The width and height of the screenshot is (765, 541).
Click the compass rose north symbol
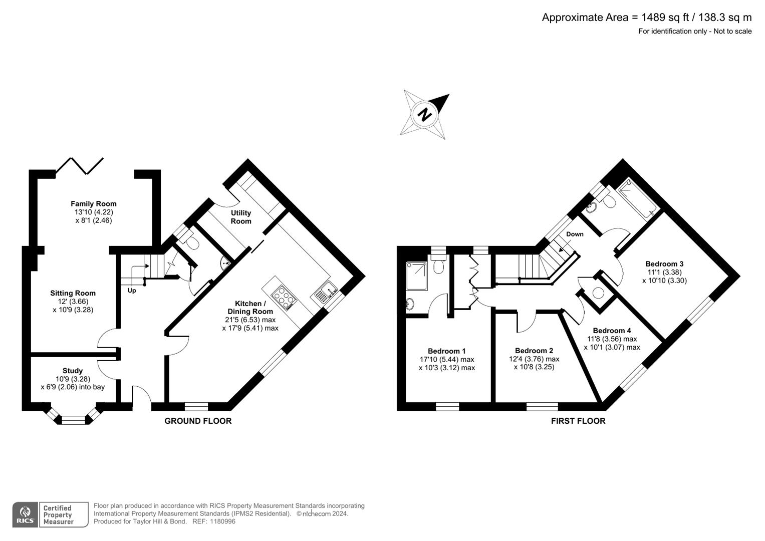pos(425,114)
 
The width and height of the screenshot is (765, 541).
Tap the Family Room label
pos(93,204)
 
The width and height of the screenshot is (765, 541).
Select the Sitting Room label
pos(73,294)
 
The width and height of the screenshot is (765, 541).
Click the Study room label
pos(73,371)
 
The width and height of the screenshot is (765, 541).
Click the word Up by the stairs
pos(132,291)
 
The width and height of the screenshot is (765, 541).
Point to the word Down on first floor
pos(575,234)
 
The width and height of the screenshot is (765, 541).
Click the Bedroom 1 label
pos(446,351)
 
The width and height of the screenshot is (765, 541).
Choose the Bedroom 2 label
pos(534,351)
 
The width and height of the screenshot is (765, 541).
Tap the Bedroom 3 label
pos(664,264)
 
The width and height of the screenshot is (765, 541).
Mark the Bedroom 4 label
pos(612,331)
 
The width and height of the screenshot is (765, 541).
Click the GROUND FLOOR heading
pos(198,421)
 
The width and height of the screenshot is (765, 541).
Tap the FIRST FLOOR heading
pos(578,421)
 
